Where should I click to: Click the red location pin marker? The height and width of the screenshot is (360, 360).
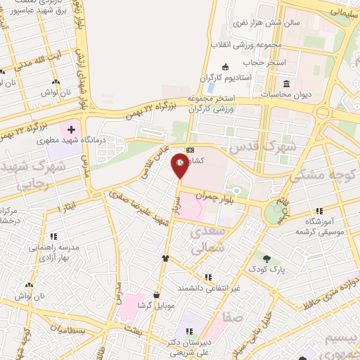[180, 167]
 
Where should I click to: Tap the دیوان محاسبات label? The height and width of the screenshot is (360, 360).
[286, 93]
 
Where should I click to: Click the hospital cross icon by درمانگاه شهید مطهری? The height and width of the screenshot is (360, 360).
[71, 130]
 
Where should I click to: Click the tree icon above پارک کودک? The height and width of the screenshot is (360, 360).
[266, 257]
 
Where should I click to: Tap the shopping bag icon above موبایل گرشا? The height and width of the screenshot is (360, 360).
[156, 295]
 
